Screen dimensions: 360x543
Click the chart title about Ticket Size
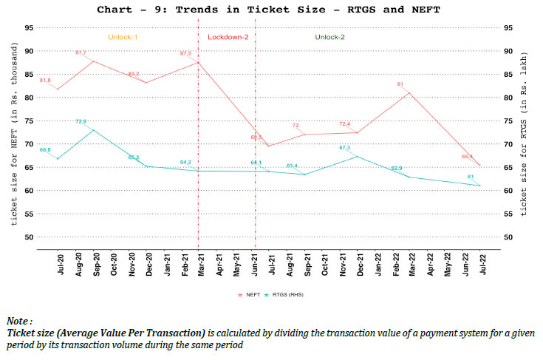271,10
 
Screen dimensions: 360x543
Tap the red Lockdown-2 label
227,36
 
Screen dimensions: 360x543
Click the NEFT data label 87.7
81,53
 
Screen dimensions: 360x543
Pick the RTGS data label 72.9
81,122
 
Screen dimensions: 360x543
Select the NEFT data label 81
400,84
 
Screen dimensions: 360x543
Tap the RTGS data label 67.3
345,148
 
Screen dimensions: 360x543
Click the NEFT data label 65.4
468,157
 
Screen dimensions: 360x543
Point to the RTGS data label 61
471,177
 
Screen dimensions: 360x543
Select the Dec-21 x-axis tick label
360,265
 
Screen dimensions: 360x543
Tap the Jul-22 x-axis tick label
481,265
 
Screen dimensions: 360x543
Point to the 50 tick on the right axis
508,237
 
